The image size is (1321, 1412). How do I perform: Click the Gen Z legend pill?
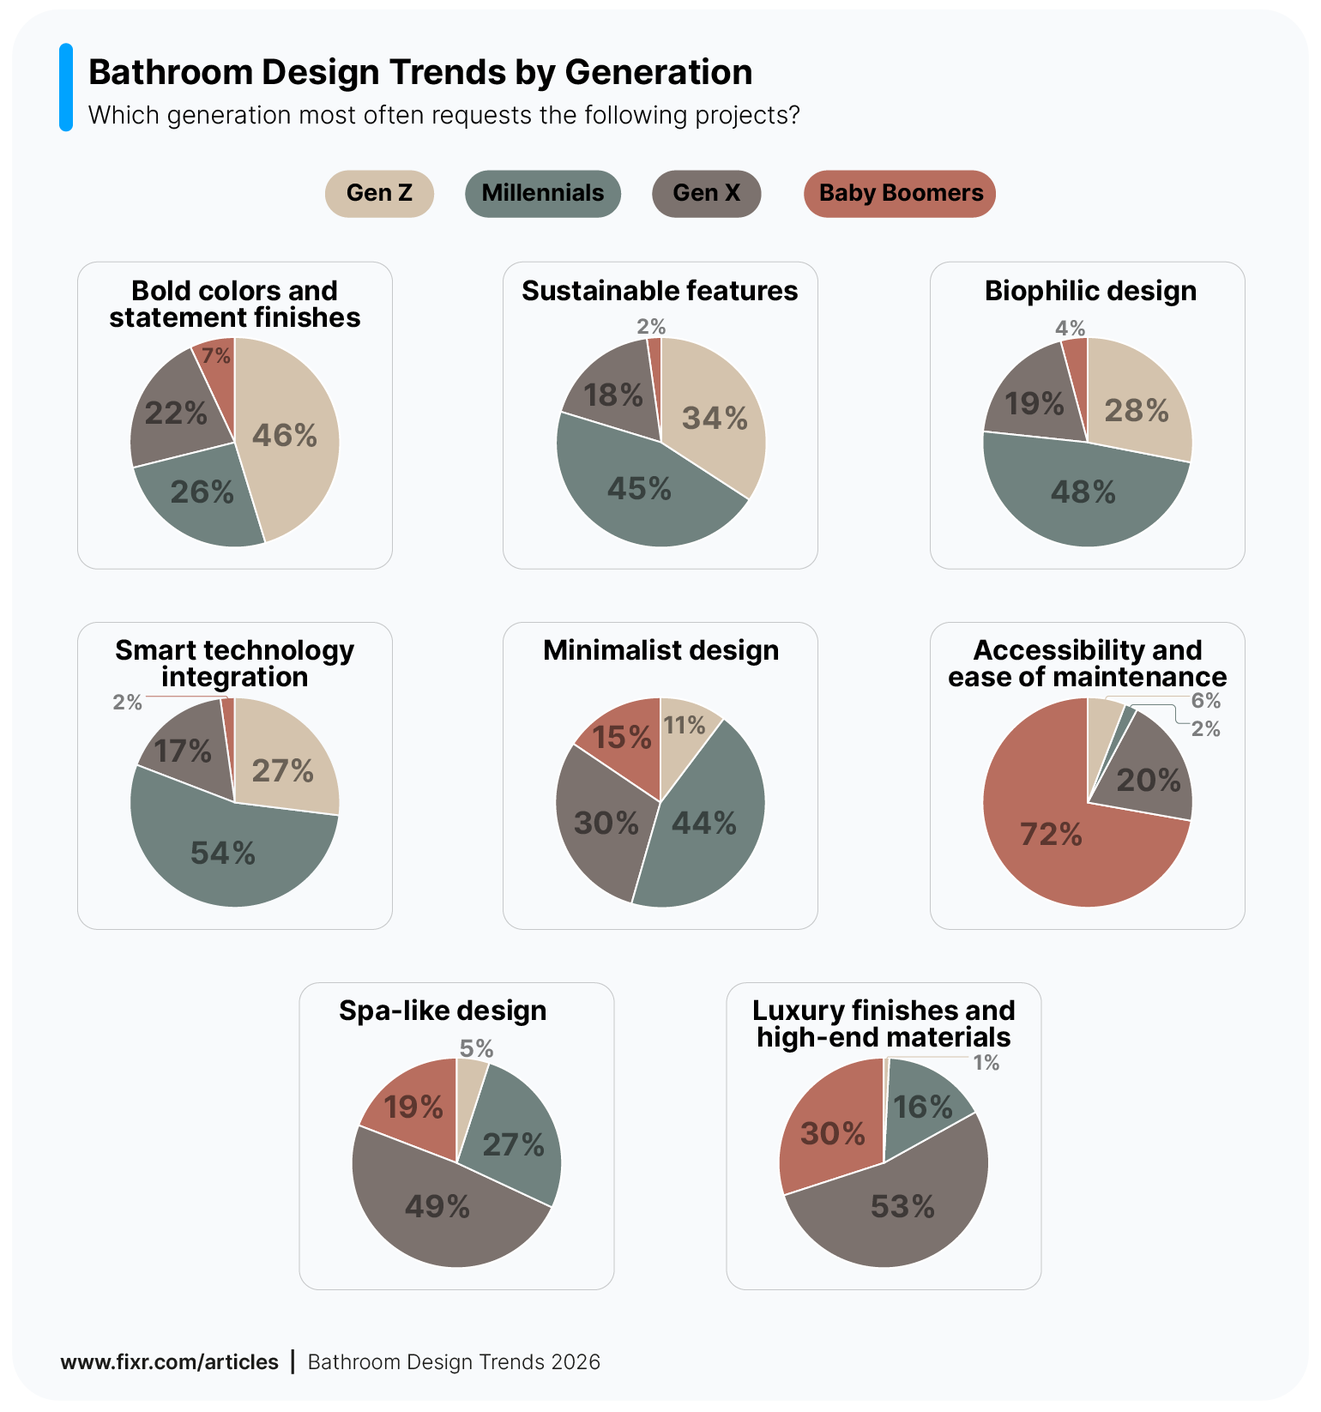click(x=379, y=193)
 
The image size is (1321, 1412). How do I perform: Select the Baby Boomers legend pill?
click(x=900, y=193)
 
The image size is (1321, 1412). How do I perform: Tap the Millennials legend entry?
click(x=542, y=193)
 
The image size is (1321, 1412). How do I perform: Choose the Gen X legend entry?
click(x=706, y=193)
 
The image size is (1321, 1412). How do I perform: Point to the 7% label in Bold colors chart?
click(x=216, y=355)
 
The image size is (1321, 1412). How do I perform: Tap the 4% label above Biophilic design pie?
click(x=1070, y=328)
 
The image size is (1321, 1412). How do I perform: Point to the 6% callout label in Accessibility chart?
click(x=1205, y=701)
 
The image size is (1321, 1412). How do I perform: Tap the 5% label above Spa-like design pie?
click(x=476, y=1048)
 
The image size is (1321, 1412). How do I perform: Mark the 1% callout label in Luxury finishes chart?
click(x=986, y=1063)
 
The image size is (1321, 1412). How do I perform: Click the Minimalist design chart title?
click(x=660, y=650)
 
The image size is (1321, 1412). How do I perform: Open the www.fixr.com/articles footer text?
click(x=169, y=1362)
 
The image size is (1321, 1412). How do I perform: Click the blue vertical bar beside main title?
click(x=66, y=87)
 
